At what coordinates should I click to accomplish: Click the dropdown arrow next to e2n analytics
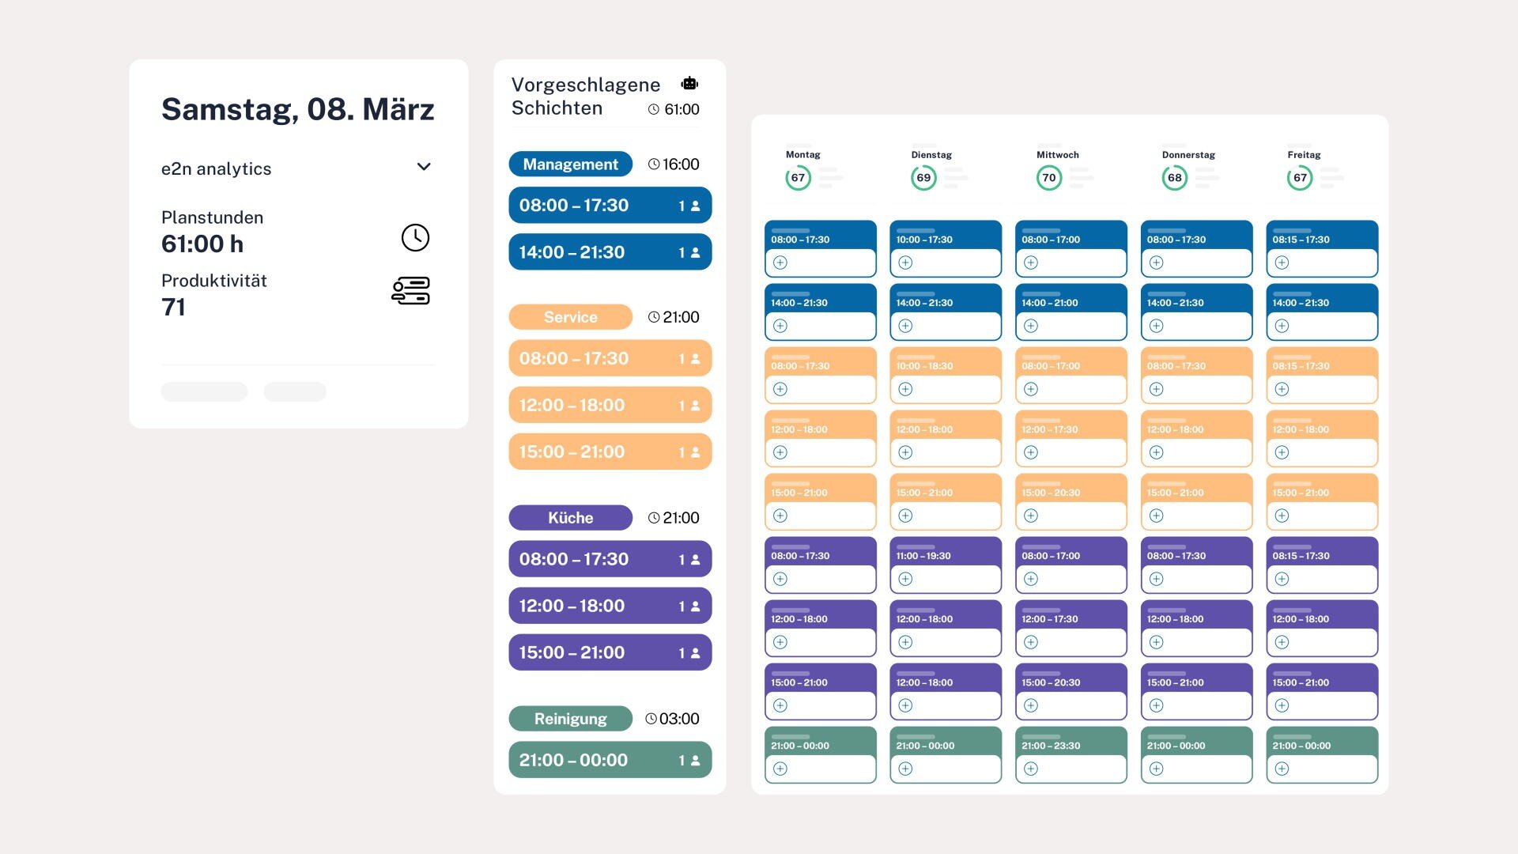click(424, 167)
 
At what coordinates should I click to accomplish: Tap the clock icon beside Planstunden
click(415, 237)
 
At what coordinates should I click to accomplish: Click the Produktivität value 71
click(173, 307)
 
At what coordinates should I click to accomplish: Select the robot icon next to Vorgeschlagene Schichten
click(689, 84)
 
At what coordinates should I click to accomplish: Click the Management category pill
click(570, 164)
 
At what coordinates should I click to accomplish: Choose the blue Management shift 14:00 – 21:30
click(610, 252)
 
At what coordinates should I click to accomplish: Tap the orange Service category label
click(570, 317)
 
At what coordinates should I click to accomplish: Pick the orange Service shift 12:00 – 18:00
click(610, 405)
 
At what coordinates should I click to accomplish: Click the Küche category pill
click(570, 518)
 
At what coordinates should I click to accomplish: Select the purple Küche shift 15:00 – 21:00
click(610, 652)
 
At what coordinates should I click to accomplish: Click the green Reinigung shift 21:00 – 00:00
click(610, 760)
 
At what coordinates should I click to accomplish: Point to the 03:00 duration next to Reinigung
click(678, 719)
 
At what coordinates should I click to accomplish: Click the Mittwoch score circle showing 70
click(1048, 178)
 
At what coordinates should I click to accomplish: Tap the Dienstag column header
click(931, 155)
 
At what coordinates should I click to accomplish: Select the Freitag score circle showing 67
click(1299, 178)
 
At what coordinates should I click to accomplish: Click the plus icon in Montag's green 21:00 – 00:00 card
click(780, 769)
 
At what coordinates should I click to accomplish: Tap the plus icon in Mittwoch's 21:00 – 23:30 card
click(1031, 769)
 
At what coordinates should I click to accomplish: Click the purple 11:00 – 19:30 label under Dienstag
click(923, 556)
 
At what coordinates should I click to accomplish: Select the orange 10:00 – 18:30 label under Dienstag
click(924, 366)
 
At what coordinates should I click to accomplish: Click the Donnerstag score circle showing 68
click(1174, 178)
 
